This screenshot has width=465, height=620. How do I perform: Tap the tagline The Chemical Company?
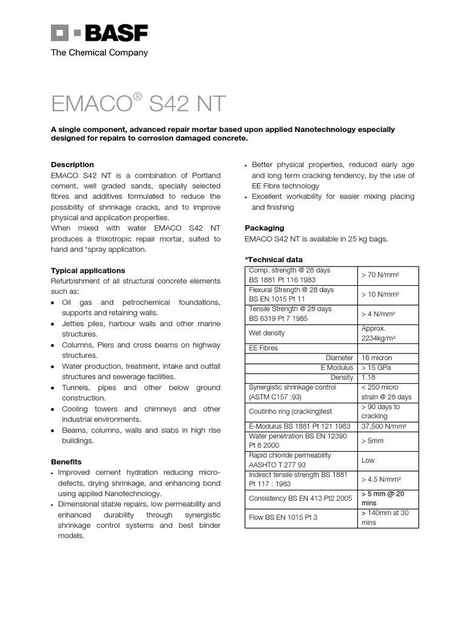click(x=99, y=53)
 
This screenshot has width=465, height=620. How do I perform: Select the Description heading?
click(x=72, y=165)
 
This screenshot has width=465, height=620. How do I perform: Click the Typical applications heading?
click(x=88, y=271)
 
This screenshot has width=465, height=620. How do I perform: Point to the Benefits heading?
click(x=66, y=461)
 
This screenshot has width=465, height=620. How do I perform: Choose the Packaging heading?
click(x=264, y=228)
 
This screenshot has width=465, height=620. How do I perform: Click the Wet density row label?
click(x=266, y=333)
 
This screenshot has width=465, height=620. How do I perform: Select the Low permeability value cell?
click(x=368, y=461)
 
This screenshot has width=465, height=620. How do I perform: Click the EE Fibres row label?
click(x=263, y=348)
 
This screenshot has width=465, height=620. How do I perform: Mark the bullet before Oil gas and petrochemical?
click(x=53, y=303)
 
